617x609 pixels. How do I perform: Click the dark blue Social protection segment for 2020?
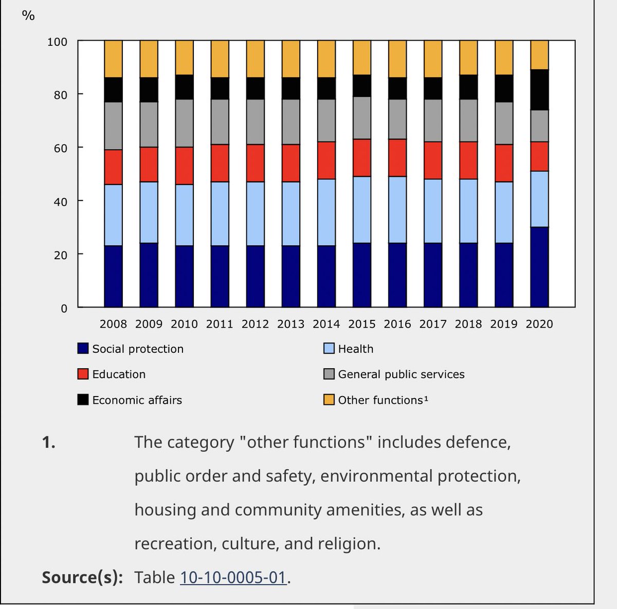coord(539,267)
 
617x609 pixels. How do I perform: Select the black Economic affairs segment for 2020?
coord(539,89)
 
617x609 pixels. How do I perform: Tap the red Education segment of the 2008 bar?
coord(113,167)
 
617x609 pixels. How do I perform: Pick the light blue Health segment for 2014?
coord(326,212)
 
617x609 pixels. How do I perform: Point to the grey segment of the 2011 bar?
coord(220,122)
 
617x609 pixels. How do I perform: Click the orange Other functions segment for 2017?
coord(433,59)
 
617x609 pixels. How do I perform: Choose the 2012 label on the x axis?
coord(256,324)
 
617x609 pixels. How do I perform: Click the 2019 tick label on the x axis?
coord(504,324)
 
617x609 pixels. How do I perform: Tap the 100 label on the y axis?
coord(57,42)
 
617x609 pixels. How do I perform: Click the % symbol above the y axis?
coord(28,16)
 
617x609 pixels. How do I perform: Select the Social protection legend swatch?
coord(83,349)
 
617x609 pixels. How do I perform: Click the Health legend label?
coord(356,349)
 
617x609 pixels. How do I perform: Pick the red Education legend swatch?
coord(83,374)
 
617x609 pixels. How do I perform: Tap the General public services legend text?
coord(401,374)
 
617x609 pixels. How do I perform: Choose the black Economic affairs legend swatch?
coord(83,400)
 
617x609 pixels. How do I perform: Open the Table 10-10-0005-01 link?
coord(233,577)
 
